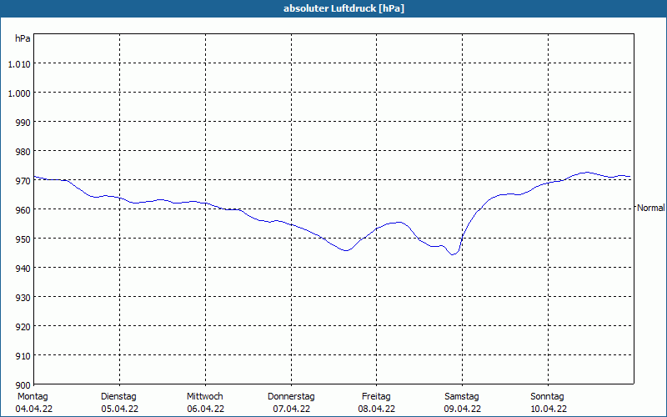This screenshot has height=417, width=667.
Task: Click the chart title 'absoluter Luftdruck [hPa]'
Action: (x=344, y=8)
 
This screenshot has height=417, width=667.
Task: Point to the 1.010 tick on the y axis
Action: (x=19, y=64)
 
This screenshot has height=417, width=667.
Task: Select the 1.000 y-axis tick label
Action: (x=19, y=93)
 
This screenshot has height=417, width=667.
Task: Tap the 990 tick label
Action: (x=23, y=123)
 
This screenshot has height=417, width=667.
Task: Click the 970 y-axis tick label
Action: (x=23, y=181)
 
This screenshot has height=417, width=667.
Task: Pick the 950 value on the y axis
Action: (x=23, y=239)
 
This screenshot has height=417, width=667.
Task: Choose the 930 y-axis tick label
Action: (x=23, y=298)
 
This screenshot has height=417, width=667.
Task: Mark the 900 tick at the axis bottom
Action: (x=23, y=385)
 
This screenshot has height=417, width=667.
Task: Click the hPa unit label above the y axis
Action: (x=23, y=38)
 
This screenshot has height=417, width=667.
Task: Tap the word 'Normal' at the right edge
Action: (x=651, y=208)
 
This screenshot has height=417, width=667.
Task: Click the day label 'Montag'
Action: (x=33, y=397)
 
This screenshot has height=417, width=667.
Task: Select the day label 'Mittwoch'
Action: (x=204, y=397)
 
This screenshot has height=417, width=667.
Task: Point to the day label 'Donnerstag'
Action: (x=291, y=397)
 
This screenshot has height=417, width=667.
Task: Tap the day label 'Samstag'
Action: (x=462, y=397)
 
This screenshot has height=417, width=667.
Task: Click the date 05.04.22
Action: (x=119, y=409)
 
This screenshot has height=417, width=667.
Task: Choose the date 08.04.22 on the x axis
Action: (x=377, y=409)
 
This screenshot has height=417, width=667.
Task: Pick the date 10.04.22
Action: (x=549, y=409)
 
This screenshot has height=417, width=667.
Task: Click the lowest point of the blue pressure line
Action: (x=453, y=254)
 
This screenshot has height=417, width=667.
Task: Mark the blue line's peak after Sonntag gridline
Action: (x=587, y=173)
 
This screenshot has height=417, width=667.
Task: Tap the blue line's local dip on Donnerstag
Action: (x=345, y=251)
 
